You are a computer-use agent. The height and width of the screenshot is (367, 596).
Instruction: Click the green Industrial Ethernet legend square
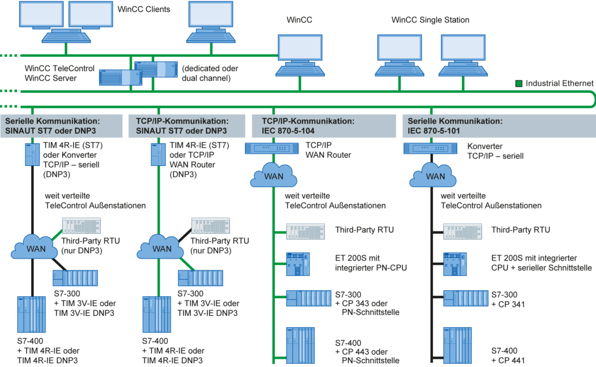518,84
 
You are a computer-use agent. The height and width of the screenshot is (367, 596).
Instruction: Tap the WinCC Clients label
143,9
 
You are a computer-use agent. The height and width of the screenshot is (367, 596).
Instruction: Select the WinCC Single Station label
430,20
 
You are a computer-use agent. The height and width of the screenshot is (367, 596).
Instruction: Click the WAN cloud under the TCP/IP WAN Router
273,175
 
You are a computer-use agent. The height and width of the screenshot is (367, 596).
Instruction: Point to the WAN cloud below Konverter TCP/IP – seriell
433,175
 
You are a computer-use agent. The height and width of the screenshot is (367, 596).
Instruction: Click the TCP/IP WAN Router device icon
272,148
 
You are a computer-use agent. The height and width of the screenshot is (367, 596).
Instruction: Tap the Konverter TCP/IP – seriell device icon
430,148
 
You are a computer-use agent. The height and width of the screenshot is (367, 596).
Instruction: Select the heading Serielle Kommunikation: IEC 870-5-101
455,126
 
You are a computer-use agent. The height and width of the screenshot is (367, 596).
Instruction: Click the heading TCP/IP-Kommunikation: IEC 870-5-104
308,126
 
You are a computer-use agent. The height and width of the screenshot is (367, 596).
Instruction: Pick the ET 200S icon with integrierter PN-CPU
298,264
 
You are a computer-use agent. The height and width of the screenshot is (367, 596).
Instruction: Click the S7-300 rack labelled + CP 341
466,298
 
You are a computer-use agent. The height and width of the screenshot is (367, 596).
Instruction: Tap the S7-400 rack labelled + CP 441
457,345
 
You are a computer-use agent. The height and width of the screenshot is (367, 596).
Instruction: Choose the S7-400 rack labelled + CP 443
301,345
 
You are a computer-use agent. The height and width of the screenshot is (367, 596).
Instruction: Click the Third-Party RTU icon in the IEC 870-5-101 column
462,231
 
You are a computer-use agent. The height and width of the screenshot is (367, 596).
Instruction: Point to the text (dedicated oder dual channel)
210,73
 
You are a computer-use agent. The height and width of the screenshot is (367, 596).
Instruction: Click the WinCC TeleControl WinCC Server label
60,73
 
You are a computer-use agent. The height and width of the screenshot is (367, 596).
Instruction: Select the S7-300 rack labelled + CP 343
309,298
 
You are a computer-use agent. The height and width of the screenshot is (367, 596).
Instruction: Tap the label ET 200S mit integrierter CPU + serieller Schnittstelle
541,263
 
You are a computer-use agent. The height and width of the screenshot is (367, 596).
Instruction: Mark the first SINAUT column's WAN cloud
34,247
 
